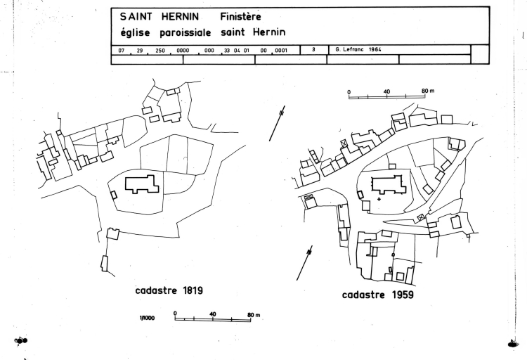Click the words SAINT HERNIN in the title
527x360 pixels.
pyautogui.click(x=160, y=16)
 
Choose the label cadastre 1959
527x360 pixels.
pyautogui.click(x=377, y=295)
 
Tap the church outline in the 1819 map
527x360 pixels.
pyautogui.click(x=142, y=185)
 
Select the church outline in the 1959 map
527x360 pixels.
pyautogui.click(x=386, y=186)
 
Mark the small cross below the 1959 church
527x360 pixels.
pyautogui.click(x=379, y=200)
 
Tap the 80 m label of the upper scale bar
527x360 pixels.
pyautogui.click(x=429, y=91)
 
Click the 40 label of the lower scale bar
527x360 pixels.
pyautogui.click(x=212, y=314)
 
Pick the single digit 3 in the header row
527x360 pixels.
pyautogui.click(x=313, y=49)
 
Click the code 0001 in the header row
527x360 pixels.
pyautogui.click(x=280, y=50)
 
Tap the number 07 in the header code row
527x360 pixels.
pyautogui.click(x=122, y=50)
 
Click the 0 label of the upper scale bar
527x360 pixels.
pyautogui.click(x=349, y=91)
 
